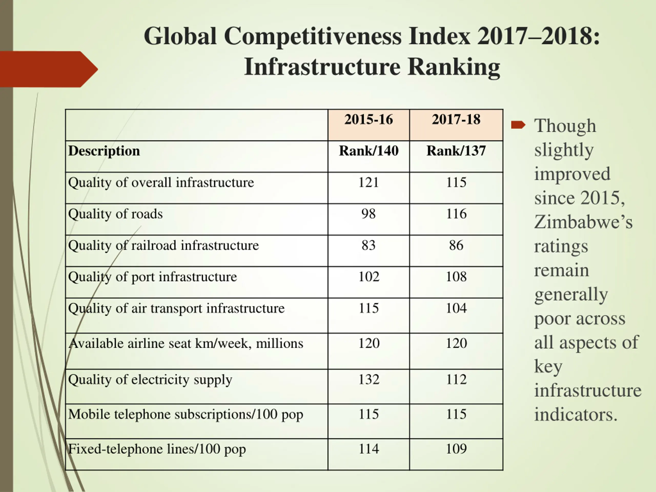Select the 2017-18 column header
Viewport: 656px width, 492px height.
(456, 119)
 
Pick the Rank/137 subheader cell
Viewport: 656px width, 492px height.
(456, 151)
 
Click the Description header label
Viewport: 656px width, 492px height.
(104, 151)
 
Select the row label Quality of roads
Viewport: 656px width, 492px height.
(115, 214)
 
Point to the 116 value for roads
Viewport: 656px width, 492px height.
(456, 214)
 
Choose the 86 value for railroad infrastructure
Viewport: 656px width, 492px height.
(456, 245)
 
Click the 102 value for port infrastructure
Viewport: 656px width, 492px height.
(369, 277)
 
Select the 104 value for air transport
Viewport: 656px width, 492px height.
(456, 308)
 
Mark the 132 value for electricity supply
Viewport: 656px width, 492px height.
(369, 379)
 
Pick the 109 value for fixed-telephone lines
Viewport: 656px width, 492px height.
(456, 449)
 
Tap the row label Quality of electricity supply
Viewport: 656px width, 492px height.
(150, 380)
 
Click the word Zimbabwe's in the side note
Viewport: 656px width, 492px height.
(583, 222)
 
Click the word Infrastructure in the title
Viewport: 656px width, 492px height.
(322, 67)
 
